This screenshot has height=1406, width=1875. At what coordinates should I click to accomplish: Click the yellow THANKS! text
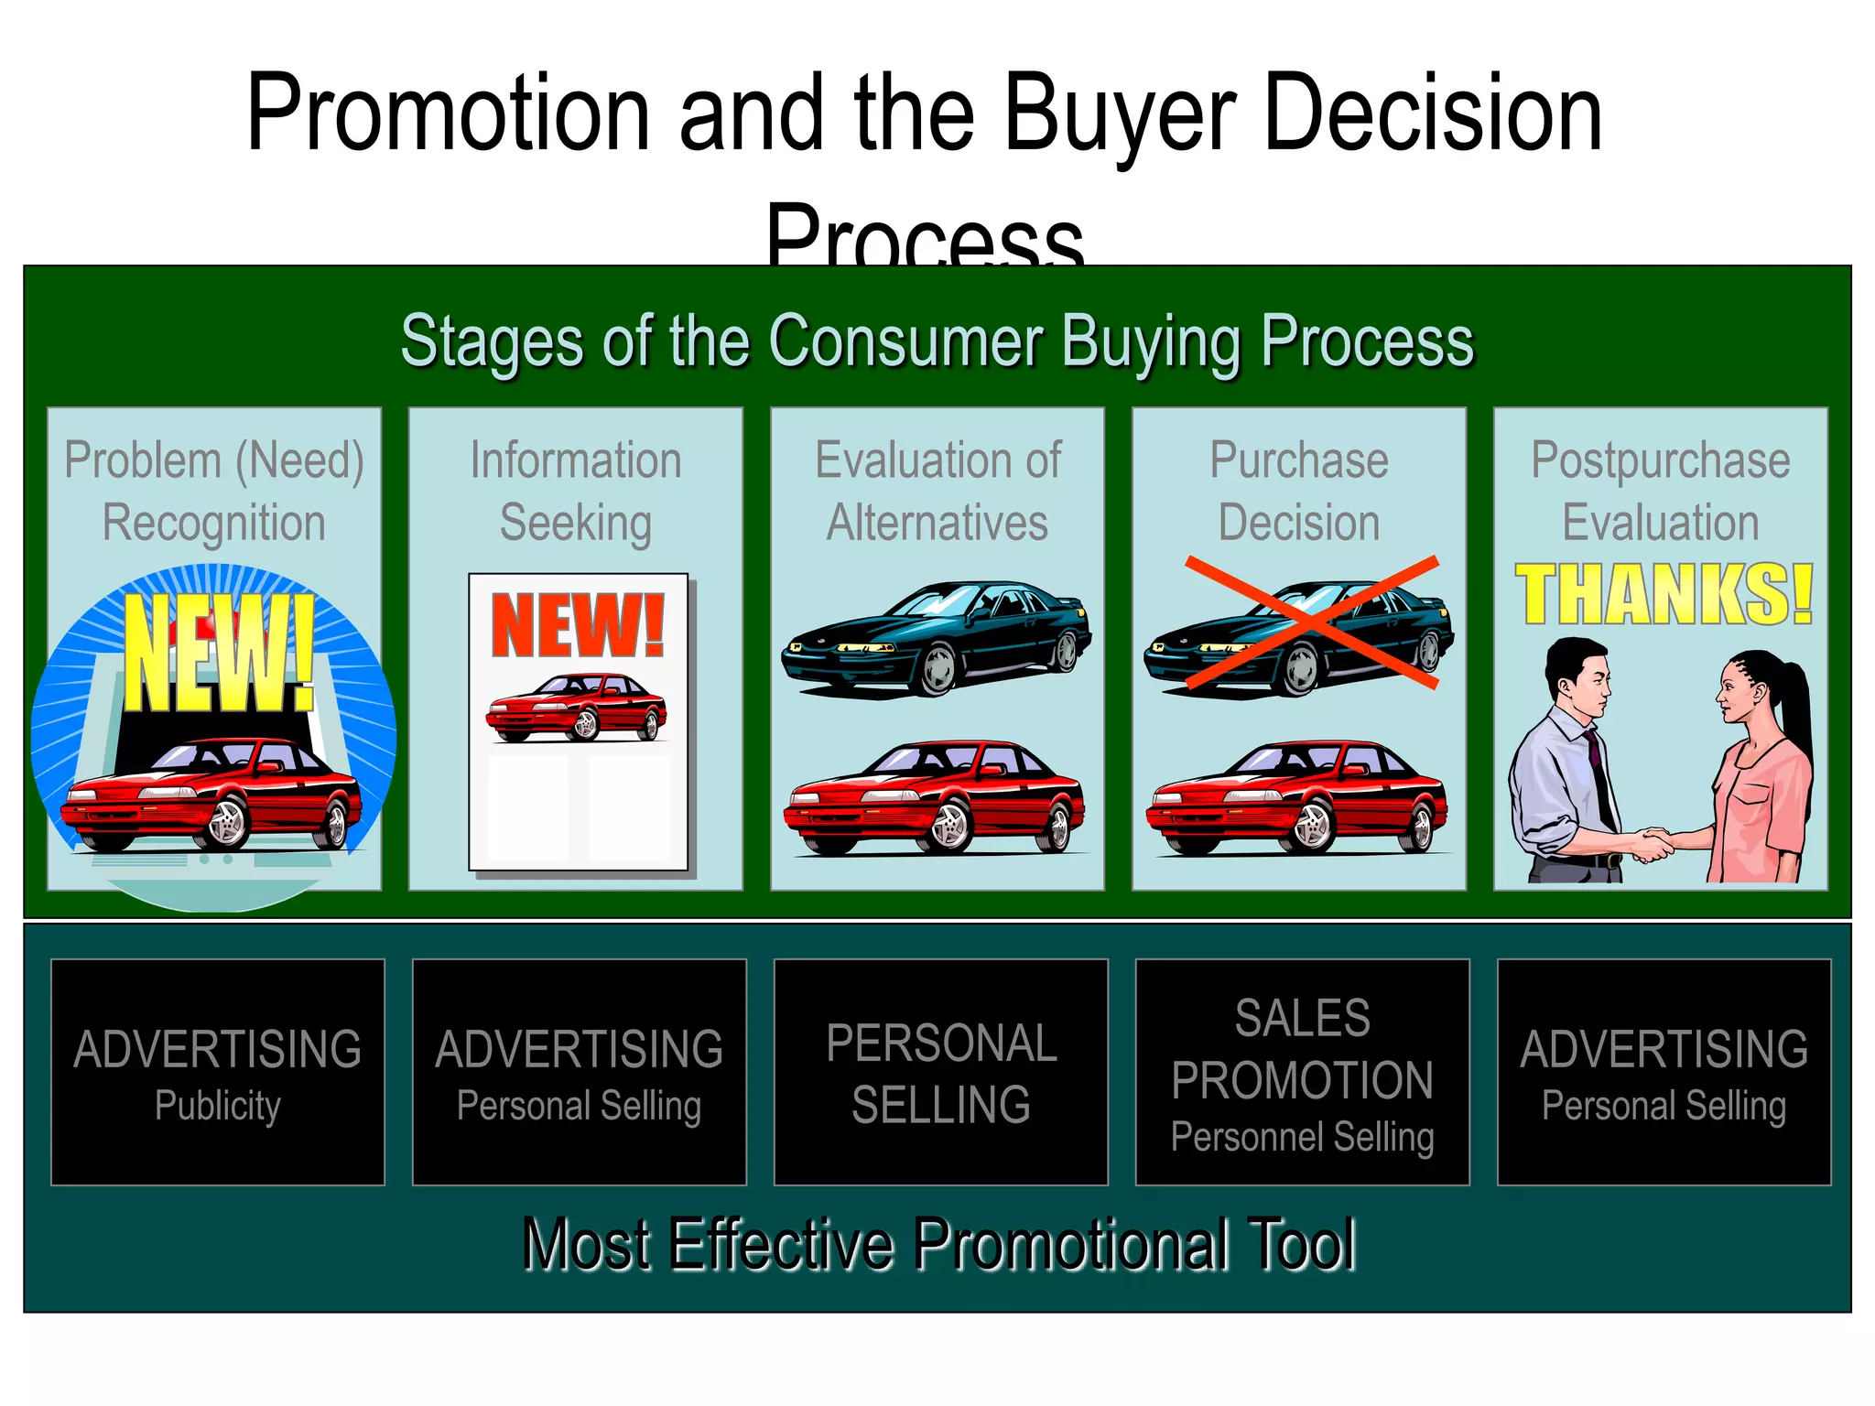[1663, 595]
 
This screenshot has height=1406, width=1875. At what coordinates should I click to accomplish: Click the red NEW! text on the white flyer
[578, 626]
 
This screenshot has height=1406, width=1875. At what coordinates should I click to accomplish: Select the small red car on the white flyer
[577, 707]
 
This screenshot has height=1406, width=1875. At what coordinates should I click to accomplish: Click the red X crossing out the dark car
[1311, 622]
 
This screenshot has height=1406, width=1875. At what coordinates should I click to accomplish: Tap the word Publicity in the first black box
[218, 1106]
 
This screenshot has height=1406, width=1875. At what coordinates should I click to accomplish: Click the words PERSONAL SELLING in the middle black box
[941, 1073]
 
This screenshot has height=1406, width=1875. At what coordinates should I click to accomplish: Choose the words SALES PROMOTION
[1302, 1049]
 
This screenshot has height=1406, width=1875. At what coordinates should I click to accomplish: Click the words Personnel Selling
[1302, 1137]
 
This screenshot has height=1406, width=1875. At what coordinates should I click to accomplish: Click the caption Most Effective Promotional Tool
[937, 1245]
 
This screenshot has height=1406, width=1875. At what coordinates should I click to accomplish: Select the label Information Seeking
[576, 491]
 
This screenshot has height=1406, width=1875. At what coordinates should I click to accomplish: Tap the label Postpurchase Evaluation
[1661, 491]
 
